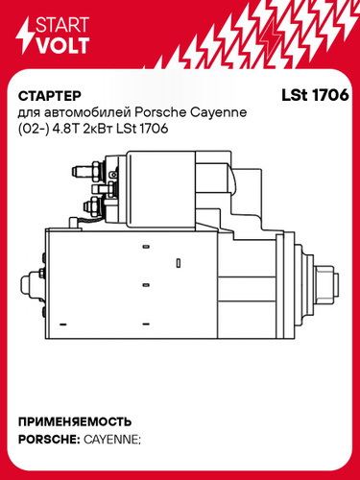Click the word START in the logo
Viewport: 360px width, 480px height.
coord(62,25)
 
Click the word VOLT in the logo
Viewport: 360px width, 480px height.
coord(62,45)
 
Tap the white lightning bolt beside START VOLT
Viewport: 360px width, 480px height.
coord(25,36)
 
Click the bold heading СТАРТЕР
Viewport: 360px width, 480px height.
coord(50,96)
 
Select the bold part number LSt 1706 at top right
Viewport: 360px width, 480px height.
coord(315,95)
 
